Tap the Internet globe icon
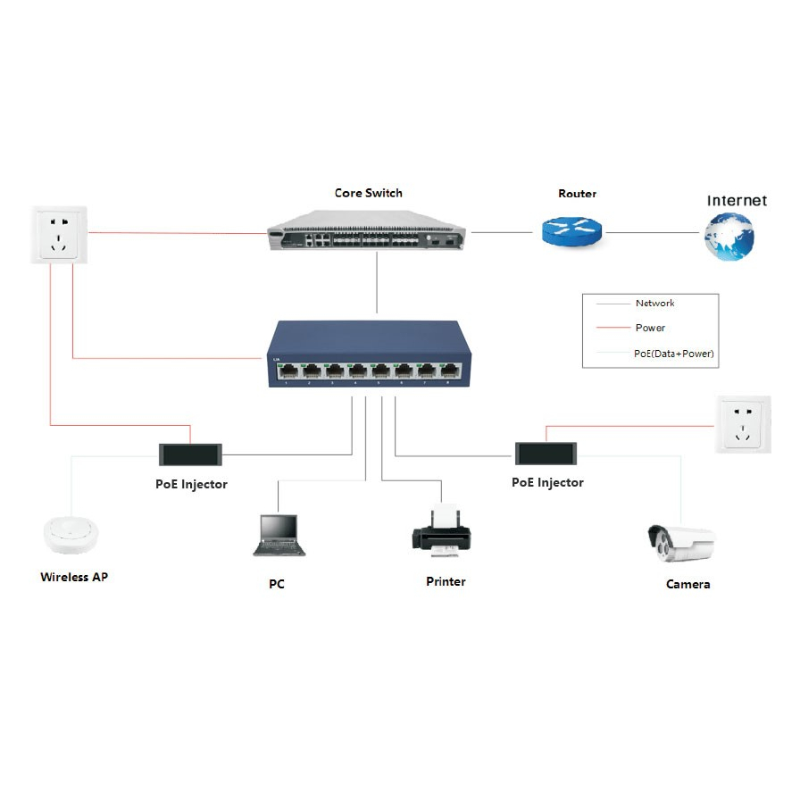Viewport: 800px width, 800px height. click(x=729, y=237)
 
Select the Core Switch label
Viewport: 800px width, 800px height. click(x=369, y=193)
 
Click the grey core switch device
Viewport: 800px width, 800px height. click(x=366, y=230)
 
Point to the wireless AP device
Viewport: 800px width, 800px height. click(x=71, y=535)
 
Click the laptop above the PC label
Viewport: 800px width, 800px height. click(x=279, y=535)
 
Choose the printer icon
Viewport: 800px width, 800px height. click(x=442, y=531)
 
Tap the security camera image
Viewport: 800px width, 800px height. click(x=681, y=543)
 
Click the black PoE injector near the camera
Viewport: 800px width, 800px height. click(x=546, y=454)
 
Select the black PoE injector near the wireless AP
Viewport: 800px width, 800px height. click(x=190, y=454)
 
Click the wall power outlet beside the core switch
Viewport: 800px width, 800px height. click(x=59, y=235)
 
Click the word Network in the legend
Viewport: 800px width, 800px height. click(x=654, y=303)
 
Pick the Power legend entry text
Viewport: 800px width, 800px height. click(x=650, y=328)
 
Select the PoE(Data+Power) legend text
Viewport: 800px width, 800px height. click(x=673, y=353)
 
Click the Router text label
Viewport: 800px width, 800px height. click(x=577, y=194)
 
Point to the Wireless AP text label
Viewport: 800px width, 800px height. click(x=74, y=577)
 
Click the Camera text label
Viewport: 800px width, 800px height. click(x=687, y=584)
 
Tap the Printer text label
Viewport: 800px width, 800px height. click(x=446, y=581)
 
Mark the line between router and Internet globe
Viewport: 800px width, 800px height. click(x=653, y=233)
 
